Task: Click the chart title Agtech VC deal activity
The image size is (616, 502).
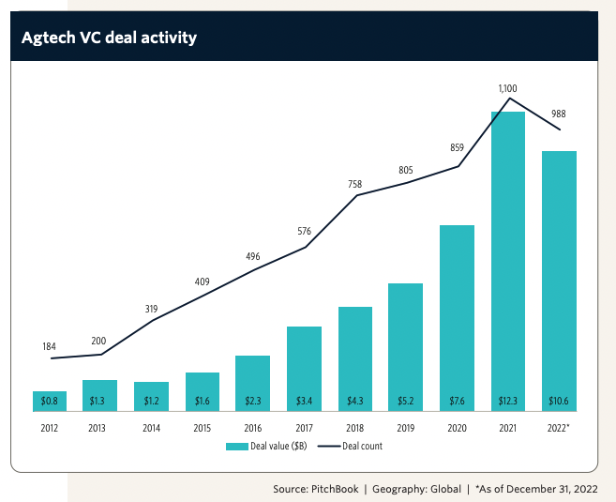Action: coord(109,38)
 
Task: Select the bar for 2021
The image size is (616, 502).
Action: coord(508,263)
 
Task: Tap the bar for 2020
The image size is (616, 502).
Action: coord(457,319)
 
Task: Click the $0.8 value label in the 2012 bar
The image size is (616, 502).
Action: coord(49,402)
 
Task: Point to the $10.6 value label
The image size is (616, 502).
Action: coord(559,402)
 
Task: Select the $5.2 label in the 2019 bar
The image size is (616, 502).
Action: coord(405,402)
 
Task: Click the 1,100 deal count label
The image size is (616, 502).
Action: coord(508,87)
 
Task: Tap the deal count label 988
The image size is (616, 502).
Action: coord(559,114)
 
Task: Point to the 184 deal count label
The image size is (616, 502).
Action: coord(49,346)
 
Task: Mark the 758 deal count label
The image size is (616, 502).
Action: coord(354,184)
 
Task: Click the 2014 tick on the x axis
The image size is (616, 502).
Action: coord(151,429)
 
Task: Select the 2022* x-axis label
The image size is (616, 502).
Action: coord(559,429)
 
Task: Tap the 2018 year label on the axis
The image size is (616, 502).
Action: coord(354,429)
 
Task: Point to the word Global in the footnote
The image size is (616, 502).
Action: coord(443,489)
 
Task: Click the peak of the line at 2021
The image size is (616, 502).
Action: coord(508,99)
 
